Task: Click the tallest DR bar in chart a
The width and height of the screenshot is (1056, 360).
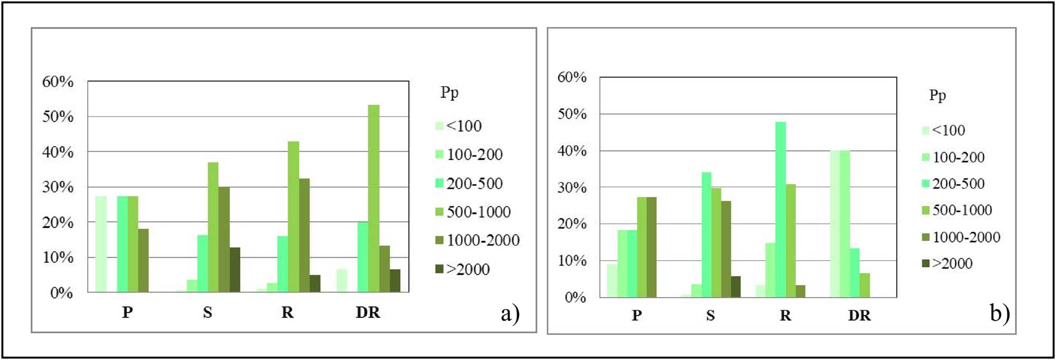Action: [x=373, y=198]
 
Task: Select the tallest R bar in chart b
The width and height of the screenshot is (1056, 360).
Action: [x=780, y=210]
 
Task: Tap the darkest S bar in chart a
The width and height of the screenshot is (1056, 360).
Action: [x=234, y=269]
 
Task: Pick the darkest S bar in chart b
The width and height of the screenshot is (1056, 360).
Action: [x=736, y=286]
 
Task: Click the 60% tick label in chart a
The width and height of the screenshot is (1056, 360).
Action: [x=58, y=82]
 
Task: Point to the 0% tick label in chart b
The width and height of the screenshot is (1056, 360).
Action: [x=575, y=298]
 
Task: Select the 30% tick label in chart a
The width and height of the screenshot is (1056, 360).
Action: [x=58, y=187]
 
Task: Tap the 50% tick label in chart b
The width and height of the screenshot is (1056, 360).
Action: [x=572, y=114]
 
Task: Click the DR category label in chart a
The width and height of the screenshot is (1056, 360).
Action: [x=367, y=312]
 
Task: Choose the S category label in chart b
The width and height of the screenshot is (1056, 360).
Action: [x=710, y=316]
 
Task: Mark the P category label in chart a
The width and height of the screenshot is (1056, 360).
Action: [x=127, y=312]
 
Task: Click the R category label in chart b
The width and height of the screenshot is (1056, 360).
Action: [x=785, y=316]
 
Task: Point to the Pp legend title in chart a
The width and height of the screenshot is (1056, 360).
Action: [x=449, y=93]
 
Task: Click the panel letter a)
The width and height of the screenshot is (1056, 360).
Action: [x=510, y=314]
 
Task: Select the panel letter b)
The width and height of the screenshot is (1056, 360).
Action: [x=1000, y=314]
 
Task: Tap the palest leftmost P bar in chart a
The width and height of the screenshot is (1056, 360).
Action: [x=101, y=244]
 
